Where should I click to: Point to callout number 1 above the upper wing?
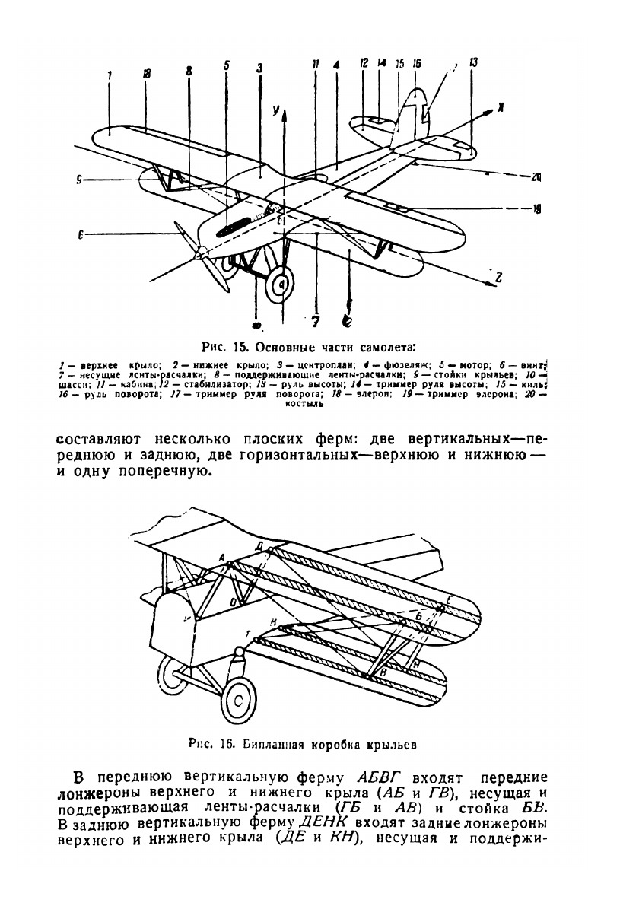[110, 75]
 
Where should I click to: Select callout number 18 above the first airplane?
[146, 74]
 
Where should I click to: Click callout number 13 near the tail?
[473, 64]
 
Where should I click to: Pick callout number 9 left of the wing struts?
[79, 180]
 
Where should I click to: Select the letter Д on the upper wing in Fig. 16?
[260, 546]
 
